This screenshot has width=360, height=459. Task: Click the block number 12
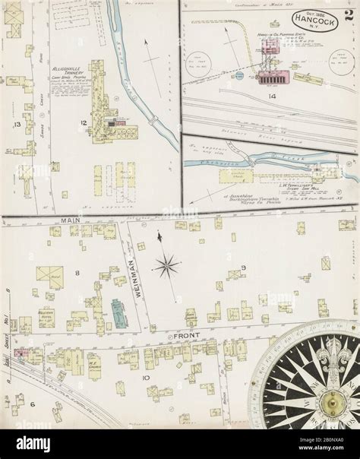click(x=85, y=122)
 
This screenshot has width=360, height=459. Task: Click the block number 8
click(x=77, y=271)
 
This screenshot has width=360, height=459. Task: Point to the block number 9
click(x=244, y=266)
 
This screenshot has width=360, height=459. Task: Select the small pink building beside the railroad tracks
click(x=19, y=353)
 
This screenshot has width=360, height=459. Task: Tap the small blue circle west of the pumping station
click(x=238, y=75)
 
